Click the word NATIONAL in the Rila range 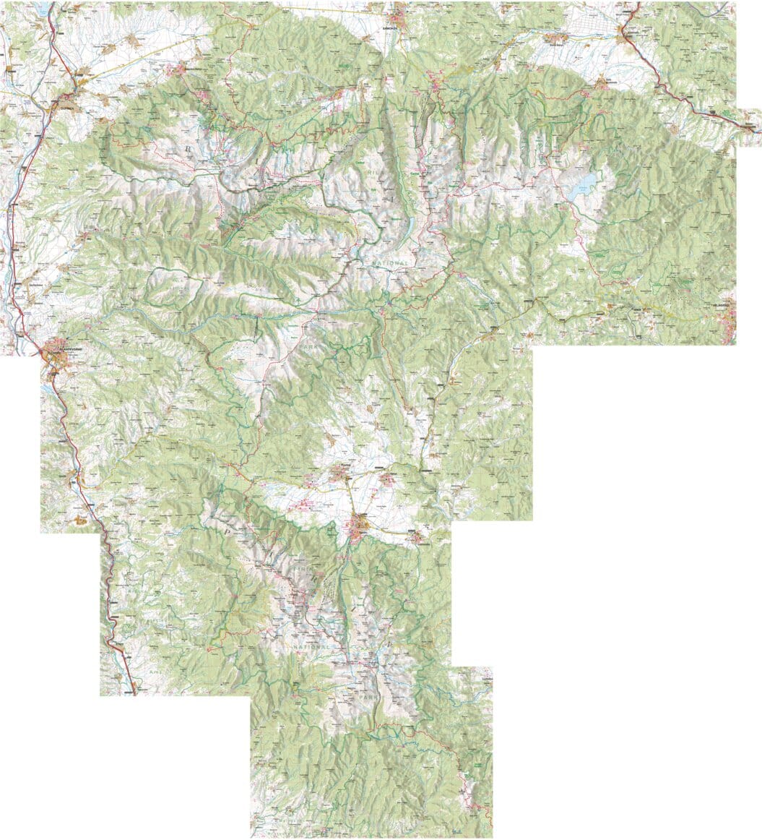click(389, 262)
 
